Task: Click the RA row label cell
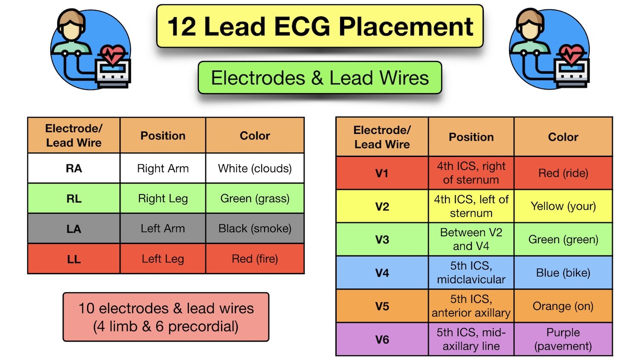point(74,168)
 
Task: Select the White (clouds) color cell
point(255,168)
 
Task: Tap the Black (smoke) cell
point(255,229)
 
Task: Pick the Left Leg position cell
point(163,259)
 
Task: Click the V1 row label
point(382,173)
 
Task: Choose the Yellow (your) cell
point(563,206)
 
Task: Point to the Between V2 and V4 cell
point(471,239)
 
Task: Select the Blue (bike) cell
point(563,273)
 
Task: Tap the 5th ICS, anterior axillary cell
point(471,306)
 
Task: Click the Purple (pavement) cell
point(563,339)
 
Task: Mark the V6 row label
point(382,340)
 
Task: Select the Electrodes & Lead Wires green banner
point(320,78)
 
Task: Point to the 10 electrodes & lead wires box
point(166,317)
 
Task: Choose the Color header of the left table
point(255,136)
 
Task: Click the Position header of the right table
point(471,137)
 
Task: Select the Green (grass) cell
point(255,199)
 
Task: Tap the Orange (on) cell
point(563,306)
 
